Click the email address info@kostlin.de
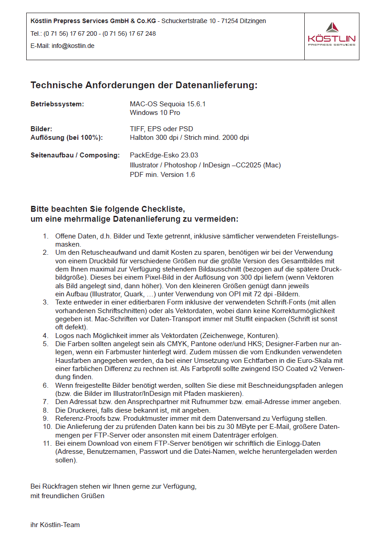point(73,46)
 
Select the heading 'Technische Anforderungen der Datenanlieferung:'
point(144,85)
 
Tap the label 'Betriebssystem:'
point(57,104)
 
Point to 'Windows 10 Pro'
point(155,112)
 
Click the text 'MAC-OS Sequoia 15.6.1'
point(168,104)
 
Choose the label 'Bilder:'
point(42,129)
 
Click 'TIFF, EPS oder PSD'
point(161,129)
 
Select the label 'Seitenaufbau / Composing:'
point(75,155)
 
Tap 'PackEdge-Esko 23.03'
point(164,155)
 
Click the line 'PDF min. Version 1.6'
point(162,174)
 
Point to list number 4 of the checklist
point(46,335)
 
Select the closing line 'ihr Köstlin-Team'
point(55,525)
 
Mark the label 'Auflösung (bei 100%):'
point(66,138)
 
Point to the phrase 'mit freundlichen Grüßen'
point(67,495)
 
